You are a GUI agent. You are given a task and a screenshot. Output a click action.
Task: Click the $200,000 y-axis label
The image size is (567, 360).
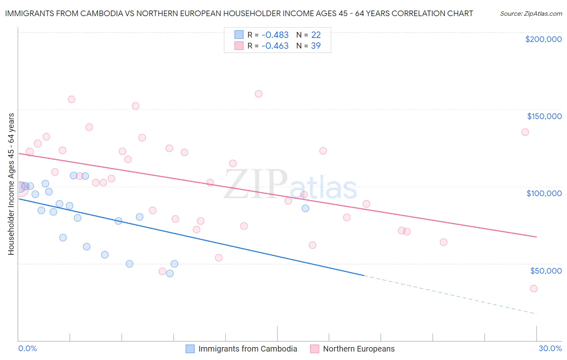point(543,39)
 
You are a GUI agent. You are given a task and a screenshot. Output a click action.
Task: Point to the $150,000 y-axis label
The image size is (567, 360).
point(544,116)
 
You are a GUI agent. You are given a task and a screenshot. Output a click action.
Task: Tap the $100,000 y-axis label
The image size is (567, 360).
point(544,193)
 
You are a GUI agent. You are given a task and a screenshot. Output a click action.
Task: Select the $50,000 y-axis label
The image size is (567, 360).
point(546,270)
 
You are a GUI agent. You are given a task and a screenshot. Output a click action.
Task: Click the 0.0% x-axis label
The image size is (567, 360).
point(27,348)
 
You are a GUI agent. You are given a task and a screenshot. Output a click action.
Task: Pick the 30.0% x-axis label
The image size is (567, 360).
point(550,348)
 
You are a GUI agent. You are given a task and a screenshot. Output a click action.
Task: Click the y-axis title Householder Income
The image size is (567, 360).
point(11,184)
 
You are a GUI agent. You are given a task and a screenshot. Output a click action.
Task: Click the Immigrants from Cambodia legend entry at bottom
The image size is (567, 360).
point(247,349)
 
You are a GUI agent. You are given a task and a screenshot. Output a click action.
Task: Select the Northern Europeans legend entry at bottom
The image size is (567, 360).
point(359,349)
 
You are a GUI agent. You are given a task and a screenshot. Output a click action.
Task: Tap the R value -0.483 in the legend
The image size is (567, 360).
point(275,35)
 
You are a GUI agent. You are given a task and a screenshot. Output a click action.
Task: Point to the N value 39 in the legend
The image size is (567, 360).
point(316,46)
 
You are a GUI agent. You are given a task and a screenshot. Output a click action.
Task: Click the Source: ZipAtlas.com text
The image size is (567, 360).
point(531,13)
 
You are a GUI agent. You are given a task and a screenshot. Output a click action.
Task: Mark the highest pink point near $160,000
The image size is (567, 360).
point(258,94)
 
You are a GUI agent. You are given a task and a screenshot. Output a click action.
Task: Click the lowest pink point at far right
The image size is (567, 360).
point(534,288)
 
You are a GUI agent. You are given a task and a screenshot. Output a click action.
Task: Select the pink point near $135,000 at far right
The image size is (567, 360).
point(525,132)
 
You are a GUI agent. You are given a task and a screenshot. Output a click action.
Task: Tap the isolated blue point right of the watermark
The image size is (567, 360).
point(305,208)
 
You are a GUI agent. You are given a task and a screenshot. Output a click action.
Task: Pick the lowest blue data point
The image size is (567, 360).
point(170,273)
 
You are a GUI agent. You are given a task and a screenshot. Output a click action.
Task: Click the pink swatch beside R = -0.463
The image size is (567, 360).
point(239,46)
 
